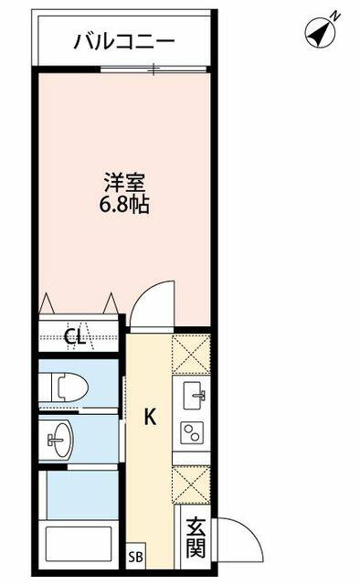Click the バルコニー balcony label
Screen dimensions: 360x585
point(124,42)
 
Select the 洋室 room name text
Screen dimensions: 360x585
point(124,184)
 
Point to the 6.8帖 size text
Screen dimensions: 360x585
point(124,205)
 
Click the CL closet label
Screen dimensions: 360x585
point(75,336)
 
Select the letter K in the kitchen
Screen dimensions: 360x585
point(150,417)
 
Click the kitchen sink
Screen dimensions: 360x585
point(193,395)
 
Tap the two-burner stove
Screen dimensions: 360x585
point(192,432)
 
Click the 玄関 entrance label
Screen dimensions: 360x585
point(196,537)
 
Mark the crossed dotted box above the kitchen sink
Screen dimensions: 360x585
point(191,354)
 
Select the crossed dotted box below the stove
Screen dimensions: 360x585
point(191,484)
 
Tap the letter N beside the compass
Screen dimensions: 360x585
point(335,16)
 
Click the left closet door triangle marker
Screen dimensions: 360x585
point(48,303)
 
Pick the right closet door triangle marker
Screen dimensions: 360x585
point(111,303)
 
